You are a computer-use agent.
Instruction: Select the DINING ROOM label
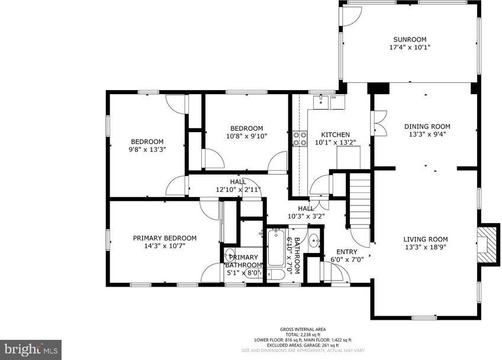point(427,126)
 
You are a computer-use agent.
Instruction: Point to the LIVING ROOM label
point(426,239)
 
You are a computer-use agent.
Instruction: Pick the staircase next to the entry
point(359,201)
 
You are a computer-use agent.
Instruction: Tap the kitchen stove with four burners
point(300,139)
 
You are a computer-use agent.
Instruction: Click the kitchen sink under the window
point(321,101)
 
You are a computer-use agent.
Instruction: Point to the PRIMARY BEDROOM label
point(165,238)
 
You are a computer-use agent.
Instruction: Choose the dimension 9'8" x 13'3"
point(147,149)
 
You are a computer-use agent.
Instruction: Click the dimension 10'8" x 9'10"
point(246,136)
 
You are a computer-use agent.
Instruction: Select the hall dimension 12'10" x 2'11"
point(238,189)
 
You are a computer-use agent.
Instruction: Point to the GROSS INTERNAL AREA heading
point(303,329)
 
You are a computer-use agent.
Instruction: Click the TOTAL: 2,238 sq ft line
point(303,335)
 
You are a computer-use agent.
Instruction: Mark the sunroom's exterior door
point(349,17)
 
